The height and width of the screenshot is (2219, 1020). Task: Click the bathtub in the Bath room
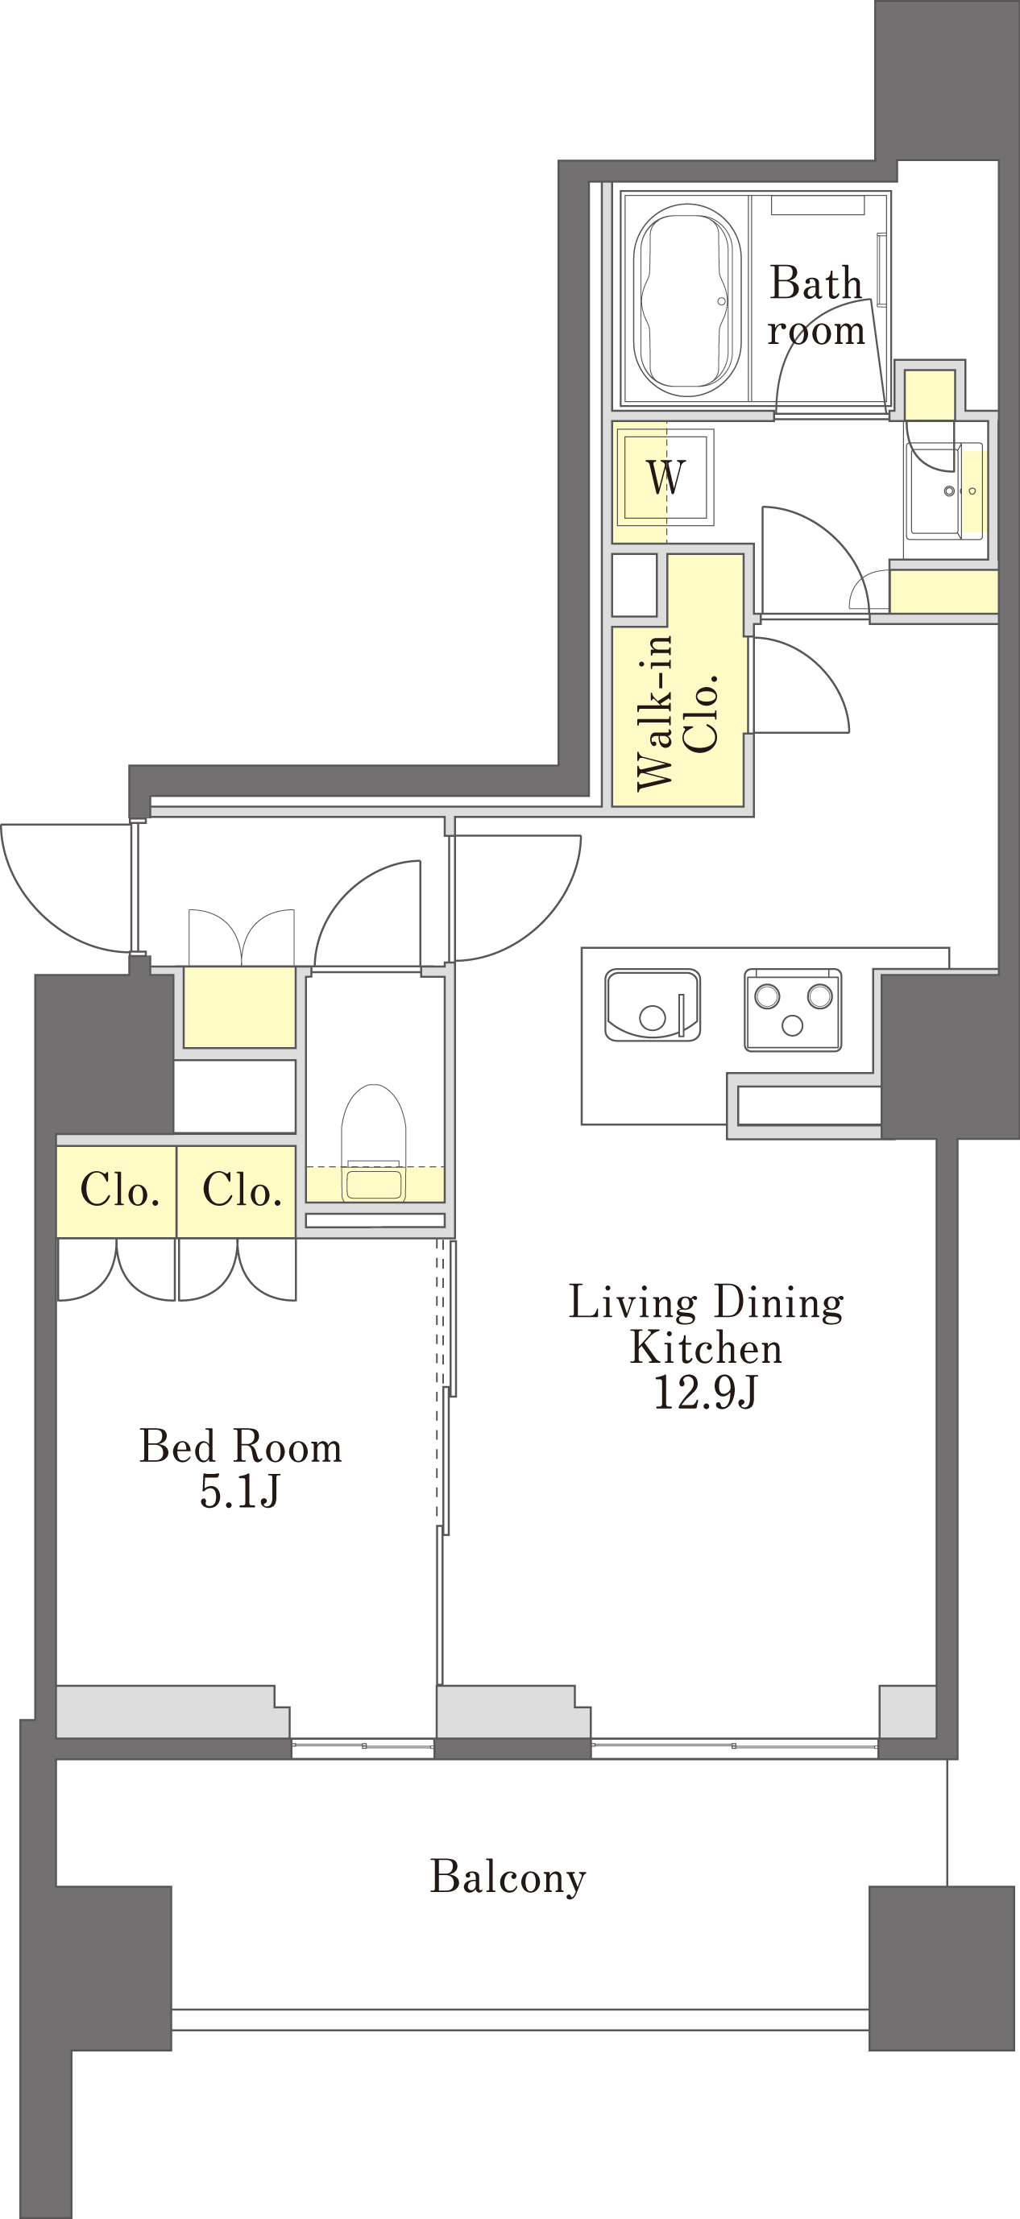(x=686, y=300)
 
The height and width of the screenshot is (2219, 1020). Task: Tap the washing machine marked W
(x=665, y=476)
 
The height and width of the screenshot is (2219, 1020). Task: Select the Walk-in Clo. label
(x=677, y=711)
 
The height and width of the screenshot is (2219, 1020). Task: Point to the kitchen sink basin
(x=652, y=1004)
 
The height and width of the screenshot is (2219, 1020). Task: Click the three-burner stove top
(x=793, y=1009)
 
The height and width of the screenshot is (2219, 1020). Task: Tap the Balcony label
(x=508, y=1877)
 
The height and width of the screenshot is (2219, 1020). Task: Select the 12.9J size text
(x=706, y=1392)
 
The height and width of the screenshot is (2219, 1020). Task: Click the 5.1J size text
(x=240, y=1490)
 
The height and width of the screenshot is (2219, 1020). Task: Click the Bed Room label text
(x=241, y=1447)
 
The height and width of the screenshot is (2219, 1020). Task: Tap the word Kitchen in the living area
(x=707, y=1348)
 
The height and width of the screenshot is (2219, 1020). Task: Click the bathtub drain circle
(x=722, y=301)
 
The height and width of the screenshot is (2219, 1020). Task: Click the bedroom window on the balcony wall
(x=363, y=1745)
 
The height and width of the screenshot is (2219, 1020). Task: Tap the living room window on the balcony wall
(x=734, y=1745)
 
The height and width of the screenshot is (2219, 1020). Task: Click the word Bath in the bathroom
(x=815, y=283)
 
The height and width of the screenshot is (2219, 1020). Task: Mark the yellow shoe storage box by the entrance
(x=239, y=1007)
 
